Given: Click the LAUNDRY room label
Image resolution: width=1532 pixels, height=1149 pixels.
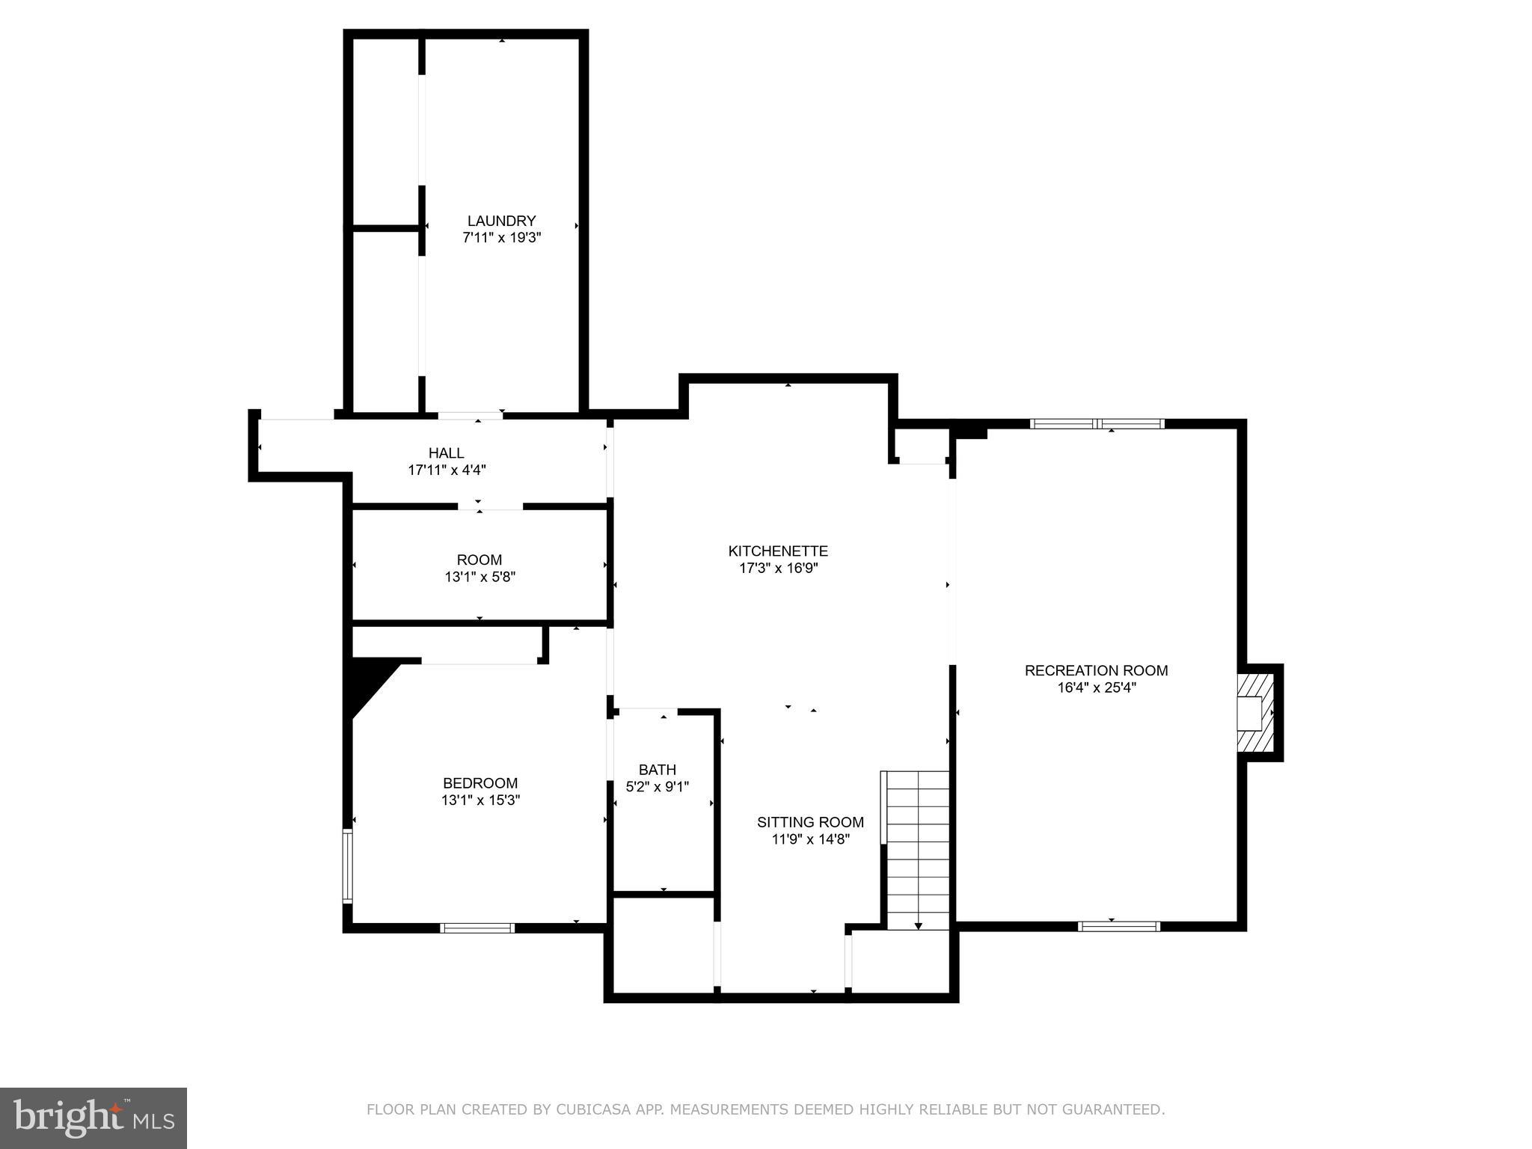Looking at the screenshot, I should [501, 221].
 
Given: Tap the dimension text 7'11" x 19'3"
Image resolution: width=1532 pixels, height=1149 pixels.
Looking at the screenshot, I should [501, 238].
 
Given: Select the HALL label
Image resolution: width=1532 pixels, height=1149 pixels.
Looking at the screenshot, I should [446, 453].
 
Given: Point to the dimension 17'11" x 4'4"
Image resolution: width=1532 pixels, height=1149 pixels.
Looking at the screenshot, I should [447, 470].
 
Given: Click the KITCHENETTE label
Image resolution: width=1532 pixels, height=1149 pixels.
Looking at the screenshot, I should [778, 551].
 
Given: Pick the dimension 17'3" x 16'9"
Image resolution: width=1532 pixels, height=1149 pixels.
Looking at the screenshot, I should [778, 568].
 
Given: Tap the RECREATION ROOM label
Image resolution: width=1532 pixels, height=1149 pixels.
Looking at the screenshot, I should [1096, 670].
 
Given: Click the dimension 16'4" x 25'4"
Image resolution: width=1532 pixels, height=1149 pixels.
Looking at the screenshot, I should [1096, 687].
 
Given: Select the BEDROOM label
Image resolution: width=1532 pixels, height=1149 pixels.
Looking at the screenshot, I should [480, 783].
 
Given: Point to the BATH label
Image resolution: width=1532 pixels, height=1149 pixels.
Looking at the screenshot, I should [657, 770].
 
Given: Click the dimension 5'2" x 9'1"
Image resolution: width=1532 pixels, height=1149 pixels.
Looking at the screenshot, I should [657, 787].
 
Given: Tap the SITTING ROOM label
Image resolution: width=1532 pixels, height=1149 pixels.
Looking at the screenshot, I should [810, 822].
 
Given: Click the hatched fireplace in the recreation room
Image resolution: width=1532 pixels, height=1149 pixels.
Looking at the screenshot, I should [1255, 713].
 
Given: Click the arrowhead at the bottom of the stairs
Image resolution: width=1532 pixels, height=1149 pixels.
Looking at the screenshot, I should [919, 926].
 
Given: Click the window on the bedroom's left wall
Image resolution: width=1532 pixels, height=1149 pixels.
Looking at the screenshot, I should [347, 865].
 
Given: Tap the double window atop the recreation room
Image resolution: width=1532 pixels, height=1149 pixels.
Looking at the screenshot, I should [1097, 423].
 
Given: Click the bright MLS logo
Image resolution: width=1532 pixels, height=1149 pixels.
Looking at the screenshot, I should [94, 1118].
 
